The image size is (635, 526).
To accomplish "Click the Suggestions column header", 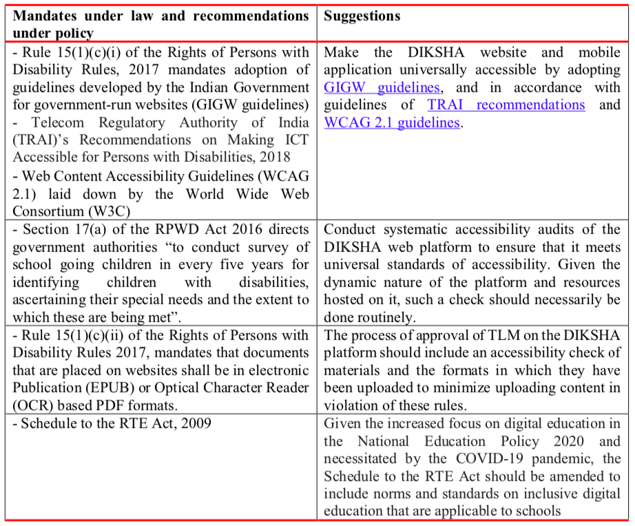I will click(x=362, y=16).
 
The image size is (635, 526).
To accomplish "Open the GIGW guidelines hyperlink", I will click(x=382, y=88).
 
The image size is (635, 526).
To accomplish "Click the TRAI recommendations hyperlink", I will click(x=506, y=105).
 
